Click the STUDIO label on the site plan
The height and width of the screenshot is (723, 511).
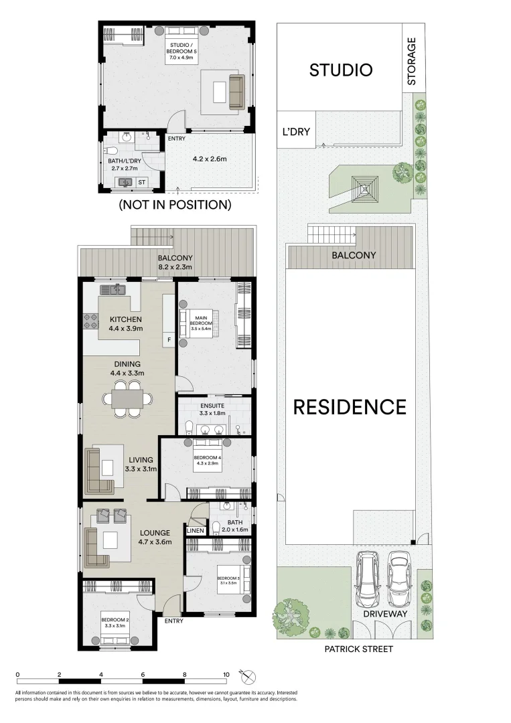coord(340,70)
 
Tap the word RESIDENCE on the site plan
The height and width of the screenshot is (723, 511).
coord(350,407)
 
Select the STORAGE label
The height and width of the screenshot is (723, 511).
coord(412,61)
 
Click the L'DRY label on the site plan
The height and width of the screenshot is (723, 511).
coord(296,132)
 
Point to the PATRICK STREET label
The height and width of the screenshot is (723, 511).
coord(359,649)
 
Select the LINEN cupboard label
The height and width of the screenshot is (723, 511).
coord(196,531)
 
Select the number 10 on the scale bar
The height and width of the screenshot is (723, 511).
coord(226,674)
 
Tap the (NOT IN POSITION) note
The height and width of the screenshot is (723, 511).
coord(175,205)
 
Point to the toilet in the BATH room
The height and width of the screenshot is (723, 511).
coord(216,528)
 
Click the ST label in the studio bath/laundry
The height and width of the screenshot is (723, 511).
coord(141,182)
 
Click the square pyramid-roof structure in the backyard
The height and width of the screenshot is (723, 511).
coord(367,187)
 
